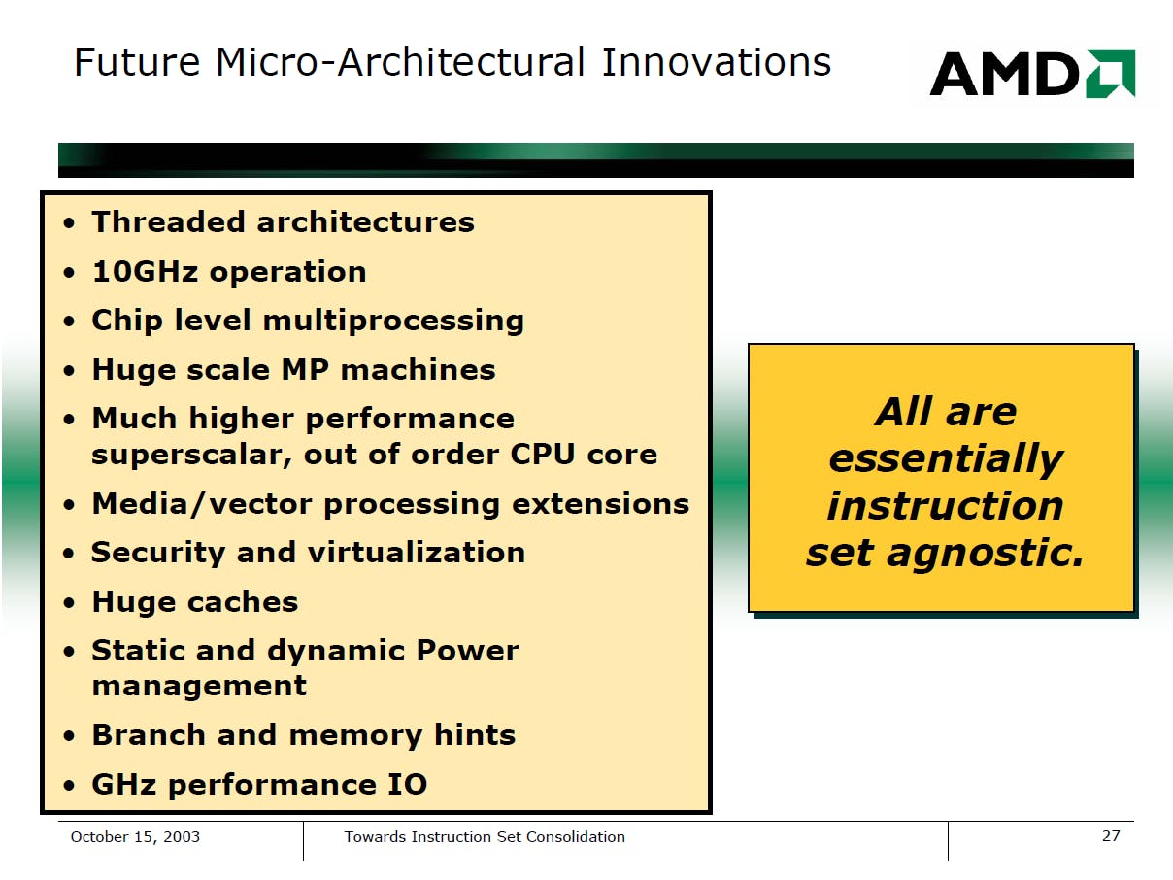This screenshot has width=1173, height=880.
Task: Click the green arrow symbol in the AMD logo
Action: click(x=1111, y=73)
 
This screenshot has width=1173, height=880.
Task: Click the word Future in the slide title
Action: click(x=137, y=62)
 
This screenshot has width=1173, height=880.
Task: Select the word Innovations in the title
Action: click(x=716, y=62)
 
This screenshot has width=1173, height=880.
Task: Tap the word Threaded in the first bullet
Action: click(x=168, y=221)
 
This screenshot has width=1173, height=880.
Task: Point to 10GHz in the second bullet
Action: click(x=146, y=271)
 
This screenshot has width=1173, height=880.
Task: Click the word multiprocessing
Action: click(x=394, y=322)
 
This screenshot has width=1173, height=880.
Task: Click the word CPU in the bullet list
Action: click(x=543, y=455)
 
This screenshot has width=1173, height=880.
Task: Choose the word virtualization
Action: click(x=417, y=552)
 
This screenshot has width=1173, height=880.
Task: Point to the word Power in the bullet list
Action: click(x=468, y=650)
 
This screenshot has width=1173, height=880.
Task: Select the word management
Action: click(x=199, y=687)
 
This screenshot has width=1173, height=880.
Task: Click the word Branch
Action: click(x=149, y=734)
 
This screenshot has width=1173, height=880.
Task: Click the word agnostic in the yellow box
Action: click(x=985, y=554)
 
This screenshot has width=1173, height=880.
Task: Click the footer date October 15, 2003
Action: click(x=135, y=836)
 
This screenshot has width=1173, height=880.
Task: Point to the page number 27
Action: click(x=1111, y=835)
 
